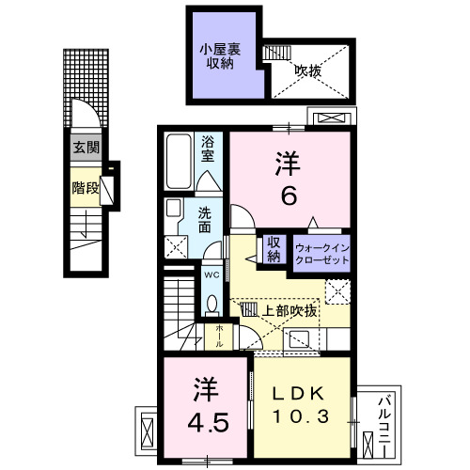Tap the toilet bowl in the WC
(x=211, y=304)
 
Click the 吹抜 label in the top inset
(x=305, y=70)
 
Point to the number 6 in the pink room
(x=288, y=196)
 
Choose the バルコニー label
(x=384, y=420)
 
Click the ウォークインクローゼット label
(x=321, y=252)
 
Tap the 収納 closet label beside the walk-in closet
(x=274, y=249)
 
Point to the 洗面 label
(x=205, y=220)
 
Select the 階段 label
(x=85, y=187)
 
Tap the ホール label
(x=218, y=337)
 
